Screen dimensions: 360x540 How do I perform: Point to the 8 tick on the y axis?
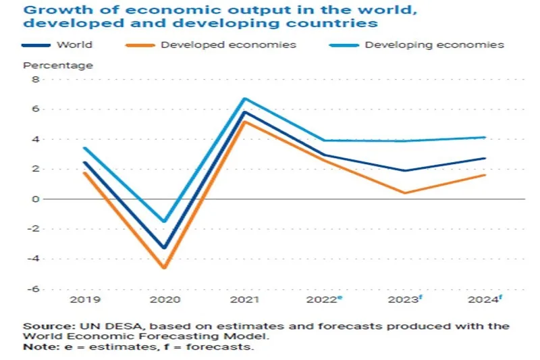37,80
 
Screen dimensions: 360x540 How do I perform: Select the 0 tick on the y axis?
37,199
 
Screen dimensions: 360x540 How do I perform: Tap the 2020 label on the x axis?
163,299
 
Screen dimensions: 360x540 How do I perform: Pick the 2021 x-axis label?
244,299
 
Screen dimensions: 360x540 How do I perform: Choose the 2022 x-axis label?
323,299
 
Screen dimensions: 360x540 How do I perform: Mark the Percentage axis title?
58,66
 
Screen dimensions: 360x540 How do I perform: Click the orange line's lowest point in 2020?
163,268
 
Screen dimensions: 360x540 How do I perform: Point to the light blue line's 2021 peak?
244,99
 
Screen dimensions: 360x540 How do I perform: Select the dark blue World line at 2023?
404,171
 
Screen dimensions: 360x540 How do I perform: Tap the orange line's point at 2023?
404,193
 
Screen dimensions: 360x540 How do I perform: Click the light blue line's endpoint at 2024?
485,137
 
